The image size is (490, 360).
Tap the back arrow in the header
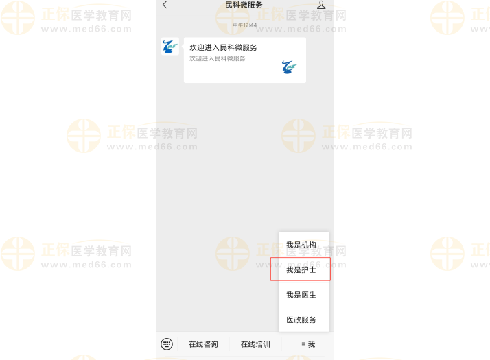point(165,5)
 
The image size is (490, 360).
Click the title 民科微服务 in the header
point(244,5)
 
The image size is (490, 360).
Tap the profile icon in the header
point(321,5)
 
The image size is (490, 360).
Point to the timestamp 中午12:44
point(244,25)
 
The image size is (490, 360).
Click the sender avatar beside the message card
point(170,47)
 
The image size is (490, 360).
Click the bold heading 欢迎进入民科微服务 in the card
point(223,48)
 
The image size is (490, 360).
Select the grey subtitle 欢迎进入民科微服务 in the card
point(218,58)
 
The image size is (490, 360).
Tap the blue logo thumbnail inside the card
point(289,67)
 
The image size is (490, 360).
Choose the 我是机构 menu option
point(301,245)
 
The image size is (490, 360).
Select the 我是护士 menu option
point(301,269)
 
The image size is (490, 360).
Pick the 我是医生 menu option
point(301,295)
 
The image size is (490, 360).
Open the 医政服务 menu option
point(301,320)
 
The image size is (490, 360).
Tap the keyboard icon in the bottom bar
point(167,344)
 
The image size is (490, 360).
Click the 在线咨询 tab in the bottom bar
point(203,344)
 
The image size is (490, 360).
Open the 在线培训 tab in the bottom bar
point(255,344)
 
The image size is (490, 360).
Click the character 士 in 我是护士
point(313,269)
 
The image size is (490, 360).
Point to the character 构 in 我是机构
point(313,245)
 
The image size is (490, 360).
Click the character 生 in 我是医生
point(313,295)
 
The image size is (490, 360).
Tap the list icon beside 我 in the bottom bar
point(302,344)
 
